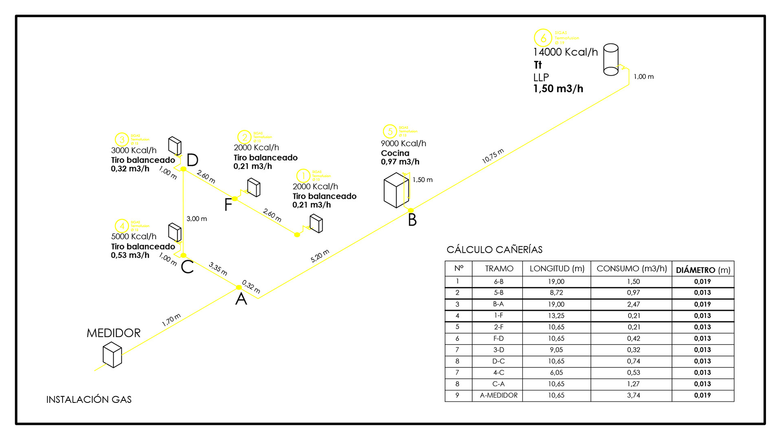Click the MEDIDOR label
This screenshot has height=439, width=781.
tap(113, 333)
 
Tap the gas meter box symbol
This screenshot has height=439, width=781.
tap(112, 354)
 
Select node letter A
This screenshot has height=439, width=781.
tap(241, 299)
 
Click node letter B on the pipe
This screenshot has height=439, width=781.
tap(412, 220)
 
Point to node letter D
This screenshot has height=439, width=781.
tap(192, 160)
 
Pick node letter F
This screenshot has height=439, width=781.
tap(228, 204)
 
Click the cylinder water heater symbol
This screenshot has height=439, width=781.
tap(611, 60)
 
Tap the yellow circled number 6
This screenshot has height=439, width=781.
tap(543, 38)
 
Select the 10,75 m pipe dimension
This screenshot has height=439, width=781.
tap(493, 156)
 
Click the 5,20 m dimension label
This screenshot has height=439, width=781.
tap(320, 256)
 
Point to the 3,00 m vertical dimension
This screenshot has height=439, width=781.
tap(197, 219)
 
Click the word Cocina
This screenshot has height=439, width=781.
tap(395, 153)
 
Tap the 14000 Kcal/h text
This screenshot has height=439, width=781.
tap(565, 52)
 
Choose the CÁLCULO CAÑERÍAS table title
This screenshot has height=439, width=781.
tap(494, 250)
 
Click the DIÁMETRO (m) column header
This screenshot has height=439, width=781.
tap(703, 270)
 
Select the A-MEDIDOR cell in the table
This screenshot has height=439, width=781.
tap(499, 395)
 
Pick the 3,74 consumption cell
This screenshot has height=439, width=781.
tap(633, 395)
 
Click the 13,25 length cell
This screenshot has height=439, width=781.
tap(556, 315)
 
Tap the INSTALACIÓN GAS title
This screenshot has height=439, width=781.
tap(89, 400)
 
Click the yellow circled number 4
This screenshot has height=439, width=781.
tap(122, 226)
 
